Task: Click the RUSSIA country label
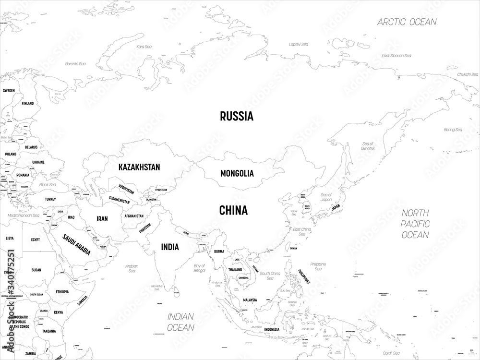pyautogui.click(x=236, y=116)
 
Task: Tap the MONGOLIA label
pyautogui.click(x=237, y=173)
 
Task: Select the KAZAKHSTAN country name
pyautogui.click(x=139, y=167)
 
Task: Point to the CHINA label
pyautogui.click(x=233, y=210)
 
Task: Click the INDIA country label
pyautogui.click(x=170, y=247)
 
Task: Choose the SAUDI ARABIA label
pyautogui.click(x=77, y=244)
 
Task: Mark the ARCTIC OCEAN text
pyautogui.click(x=407, y=22)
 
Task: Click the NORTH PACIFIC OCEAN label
pyautogui.click(x=415, y=224)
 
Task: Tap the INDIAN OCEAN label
pyautogui.click(x=180, y=322)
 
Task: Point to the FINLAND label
pyautogui.click(x=27, y=103)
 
